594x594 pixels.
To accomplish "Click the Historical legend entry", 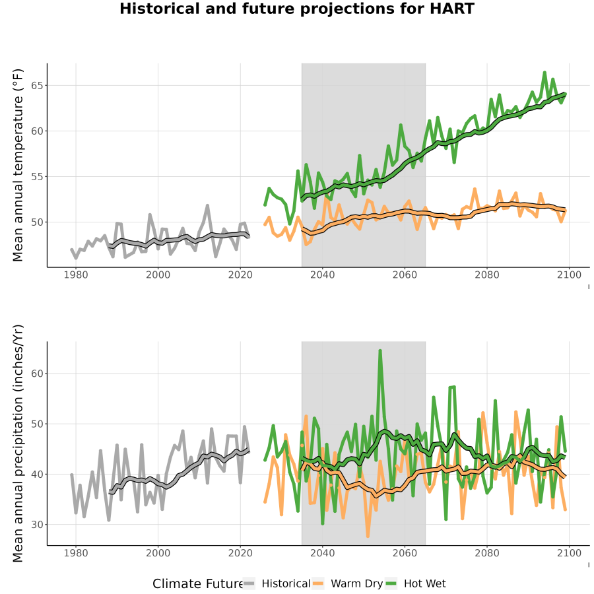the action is [x=277, y=583].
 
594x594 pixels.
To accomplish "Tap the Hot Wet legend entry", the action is [x=416, y=583].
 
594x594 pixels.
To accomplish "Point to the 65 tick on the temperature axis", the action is [x=37, y=86].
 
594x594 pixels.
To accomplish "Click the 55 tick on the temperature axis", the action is [x=37, y=176].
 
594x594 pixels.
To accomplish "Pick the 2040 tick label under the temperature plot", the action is [x=322, y=275].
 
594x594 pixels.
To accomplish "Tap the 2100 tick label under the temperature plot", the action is [x=569, y=275].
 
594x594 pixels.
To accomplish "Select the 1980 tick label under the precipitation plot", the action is [x=76, y=553].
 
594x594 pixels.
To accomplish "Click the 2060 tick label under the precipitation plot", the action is [x=405, y=553].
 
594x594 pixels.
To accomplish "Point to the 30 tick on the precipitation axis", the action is [x=37, y=525].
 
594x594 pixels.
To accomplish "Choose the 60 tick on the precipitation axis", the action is [x=37, y=374].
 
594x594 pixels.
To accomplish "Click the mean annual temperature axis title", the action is [x=18, y=165].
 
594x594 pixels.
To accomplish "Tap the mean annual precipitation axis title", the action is [x=18, y=444].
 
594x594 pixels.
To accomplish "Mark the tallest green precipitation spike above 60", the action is [x=380, y=351].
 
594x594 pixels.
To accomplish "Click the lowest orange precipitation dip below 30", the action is [x=368, y=536].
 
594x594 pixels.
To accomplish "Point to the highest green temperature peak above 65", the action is [x=544, y=73].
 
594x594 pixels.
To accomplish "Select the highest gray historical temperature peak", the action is [x=207, y=206].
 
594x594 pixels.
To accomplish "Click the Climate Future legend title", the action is [x=197, y=584].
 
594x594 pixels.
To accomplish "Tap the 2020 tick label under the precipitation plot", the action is [x=240, y=553].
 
